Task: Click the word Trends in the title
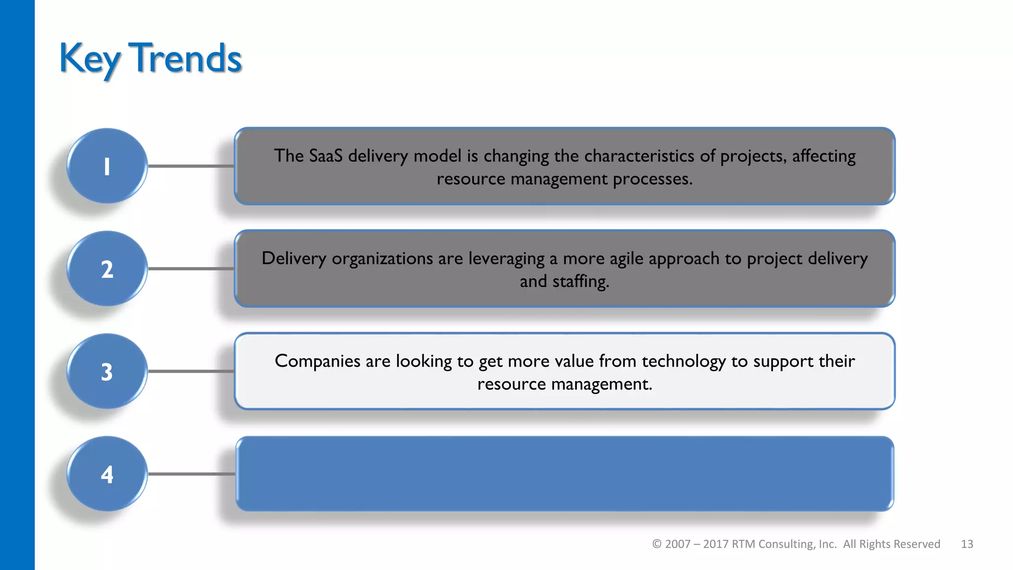[185, 58]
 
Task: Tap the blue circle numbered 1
[107, 166]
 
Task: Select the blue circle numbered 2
[107, 269]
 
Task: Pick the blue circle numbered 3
[107, 371]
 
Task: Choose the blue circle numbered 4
[107, 474]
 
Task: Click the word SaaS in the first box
[325, 156]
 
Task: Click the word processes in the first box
[652, 179]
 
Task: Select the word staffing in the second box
[580, 282]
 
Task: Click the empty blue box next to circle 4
[564, 474]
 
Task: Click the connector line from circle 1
[191, 166]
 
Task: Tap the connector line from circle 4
[191, 474]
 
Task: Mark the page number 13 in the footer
[967, 544]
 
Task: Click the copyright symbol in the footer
[657, 544]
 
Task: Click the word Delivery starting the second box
[294, 259]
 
